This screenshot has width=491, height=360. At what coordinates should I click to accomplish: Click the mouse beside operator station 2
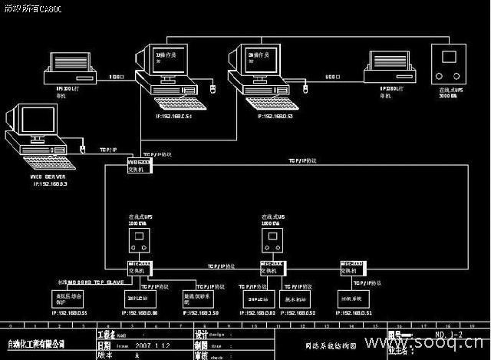pyautogui.click(x=304, y=87)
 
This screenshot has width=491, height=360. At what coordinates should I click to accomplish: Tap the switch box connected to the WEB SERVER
pyautogui.click(x=140, y=167)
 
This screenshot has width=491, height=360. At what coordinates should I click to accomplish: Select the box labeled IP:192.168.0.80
pyautogui.click(x=140, y=298)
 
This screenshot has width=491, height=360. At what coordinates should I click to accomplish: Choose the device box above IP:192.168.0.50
pyautogui.click(x=201, y=298)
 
